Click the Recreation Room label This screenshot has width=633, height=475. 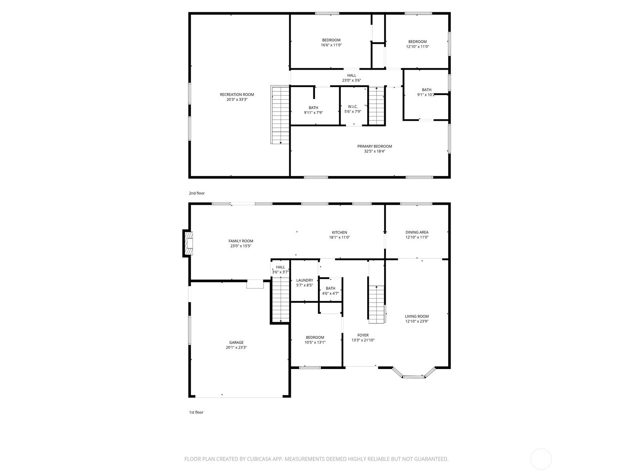point(237,95)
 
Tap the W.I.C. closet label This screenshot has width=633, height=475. point(353,107)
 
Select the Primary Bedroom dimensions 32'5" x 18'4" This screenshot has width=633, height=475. point(374,151)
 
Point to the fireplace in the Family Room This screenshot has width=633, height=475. point(188,243)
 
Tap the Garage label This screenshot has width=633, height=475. point(236,343)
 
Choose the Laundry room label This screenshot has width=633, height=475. point(305,280)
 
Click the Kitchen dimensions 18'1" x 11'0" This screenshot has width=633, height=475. point(339,237)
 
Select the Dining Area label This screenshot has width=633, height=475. point(417,232)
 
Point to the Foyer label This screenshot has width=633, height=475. point(363,335)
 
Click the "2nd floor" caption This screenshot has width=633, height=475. point(197,193)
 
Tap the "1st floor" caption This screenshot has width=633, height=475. point(196,412)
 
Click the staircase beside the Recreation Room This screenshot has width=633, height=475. point(280,114)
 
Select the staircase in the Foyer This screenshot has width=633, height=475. point(377,304)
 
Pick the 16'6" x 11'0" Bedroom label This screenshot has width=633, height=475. point(331,42)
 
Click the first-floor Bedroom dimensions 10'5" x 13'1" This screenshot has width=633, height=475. point(315,342)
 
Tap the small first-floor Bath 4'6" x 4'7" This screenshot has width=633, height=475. point(330,291)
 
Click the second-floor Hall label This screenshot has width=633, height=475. point(352,76)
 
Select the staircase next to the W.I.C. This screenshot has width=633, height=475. point(377,106)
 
